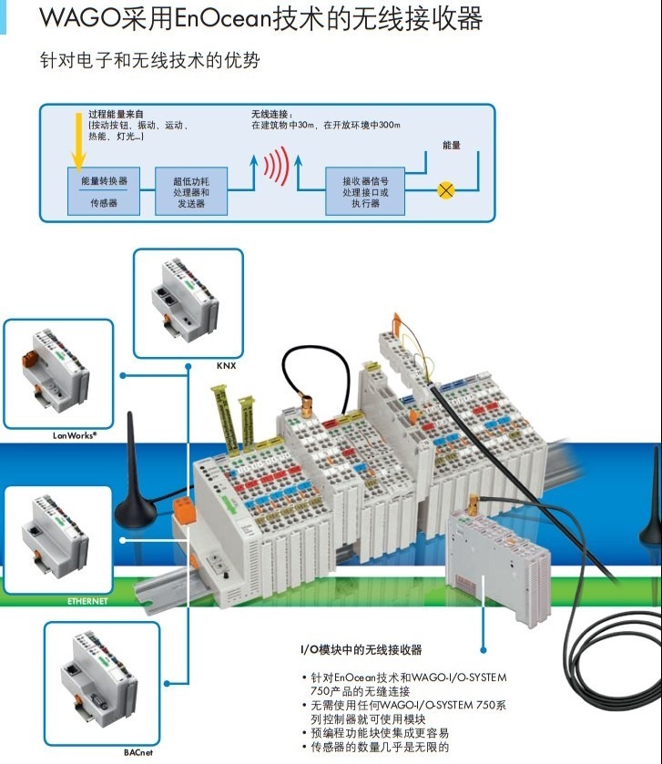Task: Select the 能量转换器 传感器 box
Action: pyautogui.click(x=104, y=191)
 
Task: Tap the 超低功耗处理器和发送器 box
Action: pyautogui.click(x=190, y=191)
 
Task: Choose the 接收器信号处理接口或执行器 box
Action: pyautogui.click(x=365, y=191)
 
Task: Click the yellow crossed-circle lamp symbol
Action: pyautogui.click(x=446, y=189)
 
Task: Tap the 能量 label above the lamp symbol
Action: pyautogui.click(x=452, y=145)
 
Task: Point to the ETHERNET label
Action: pyautogui.click(x=87, y=601)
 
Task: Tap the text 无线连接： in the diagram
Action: pyautogui.click(x=271, y=115)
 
